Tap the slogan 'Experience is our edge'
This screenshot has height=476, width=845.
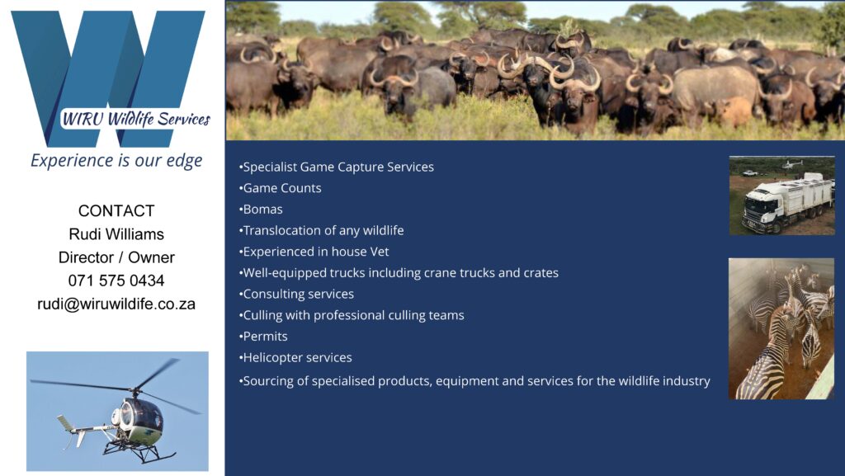[116, 161]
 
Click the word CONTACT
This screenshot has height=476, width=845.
[116, 210]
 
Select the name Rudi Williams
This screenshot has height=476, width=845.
[116, 234]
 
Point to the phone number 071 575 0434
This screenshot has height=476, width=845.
[116, 280]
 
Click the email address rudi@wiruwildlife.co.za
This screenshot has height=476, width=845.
[116, 304]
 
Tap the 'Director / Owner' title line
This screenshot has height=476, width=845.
[116, 257]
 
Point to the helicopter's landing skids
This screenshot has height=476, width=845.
[139, 452]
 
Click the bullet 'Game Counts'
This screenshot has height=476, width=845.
[281, 188]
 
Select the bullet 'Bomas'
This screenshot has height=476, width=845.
[261, 210]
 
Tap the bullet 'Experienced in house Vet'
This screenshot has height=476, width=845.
[314, 252]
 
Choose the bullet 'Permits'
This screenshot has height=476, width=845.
[263, 337]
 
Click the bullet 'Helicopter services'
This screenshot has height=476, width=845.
[295, 357]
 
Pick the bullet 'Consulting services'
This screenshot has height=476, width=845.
[296, 294]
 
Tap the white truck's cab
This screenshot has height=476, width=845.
[760, 206]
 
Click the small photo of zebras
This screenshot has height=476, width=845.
[781, 328]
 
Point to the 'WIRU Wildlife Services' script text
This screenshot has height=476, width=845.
[136, 119]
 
